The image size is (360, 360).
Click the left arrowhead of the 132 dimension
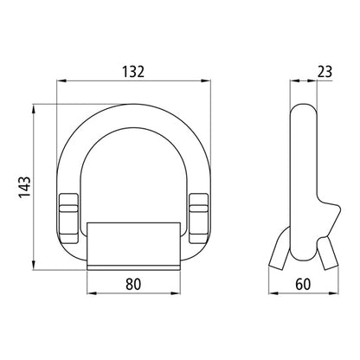point(61,83)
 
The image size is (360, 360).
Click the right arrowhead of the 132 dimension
point(209,83)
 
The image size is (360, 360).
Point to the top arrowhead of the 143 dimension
point(35,107)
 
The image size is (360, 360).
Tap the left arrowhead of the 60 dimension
point(273,292)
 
